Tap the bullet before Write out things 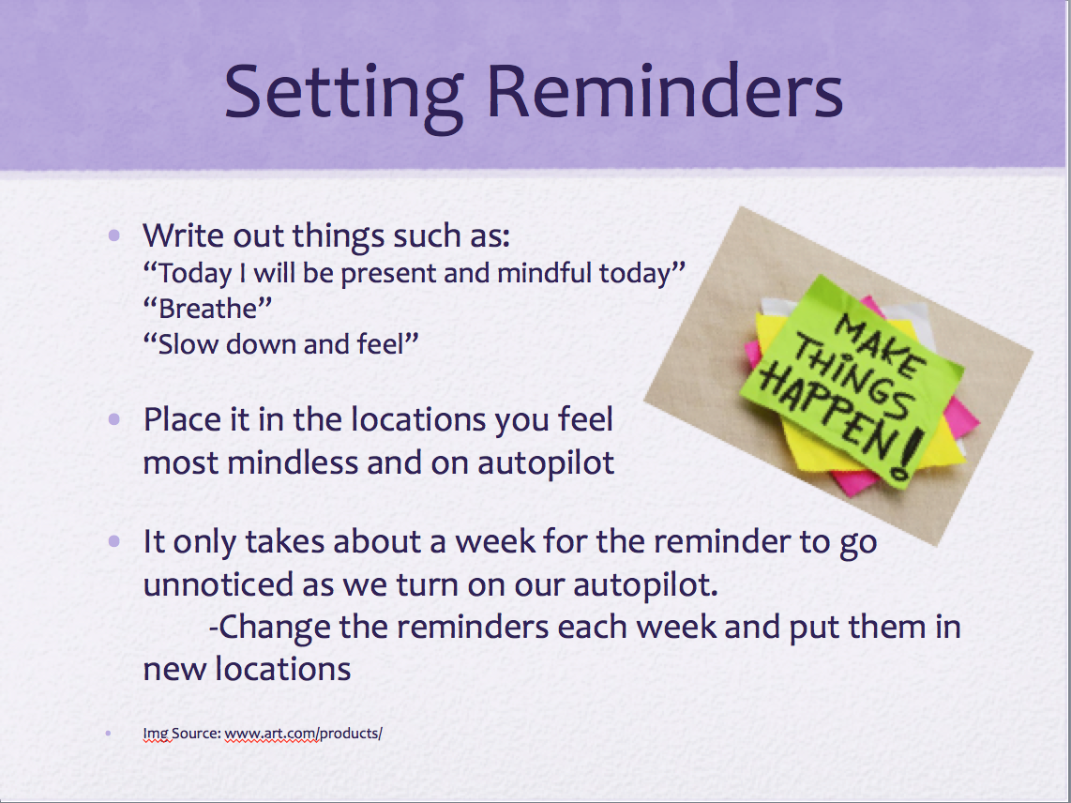coord(114,235)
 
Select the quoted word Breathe coord(207,309)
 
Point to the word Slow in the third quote coord(182,343)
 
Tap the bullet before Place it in coord(114,419)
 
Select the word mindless coord(293,462)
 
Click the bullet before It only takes coord(114,541)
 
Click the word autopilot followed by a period coord(645,585)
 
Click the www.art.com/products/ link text coord(303,734)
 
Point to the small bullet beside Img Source coord(109,734)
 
